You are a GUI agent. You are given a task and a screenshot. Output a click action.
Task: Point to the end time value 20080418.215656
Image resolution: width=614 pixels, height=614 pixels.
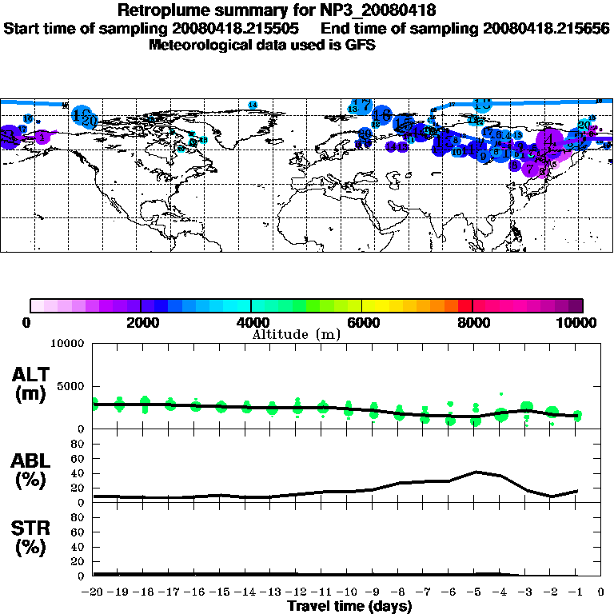click(546, 28)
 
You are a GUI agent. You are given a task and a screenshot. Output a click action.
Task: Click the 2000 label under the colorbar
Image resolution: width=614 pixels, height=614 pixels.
click(141, 322)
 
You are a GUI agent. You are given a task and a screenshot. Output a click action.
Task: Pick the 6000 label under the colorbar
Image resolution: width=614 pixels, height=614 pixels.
click(362, 322)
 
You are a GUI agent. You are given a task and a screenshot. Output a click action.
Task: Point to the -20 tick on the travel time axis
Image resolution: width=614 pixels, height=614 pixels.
click(93, 592)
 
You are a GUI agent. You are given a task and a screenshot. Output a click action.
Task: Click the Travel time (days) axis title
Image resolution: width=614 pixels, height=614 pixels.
click(349, 607)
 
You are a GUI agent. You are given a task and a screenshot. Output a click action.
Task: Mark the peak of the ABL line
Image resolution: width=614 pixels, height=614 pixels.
click(476, 472)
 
